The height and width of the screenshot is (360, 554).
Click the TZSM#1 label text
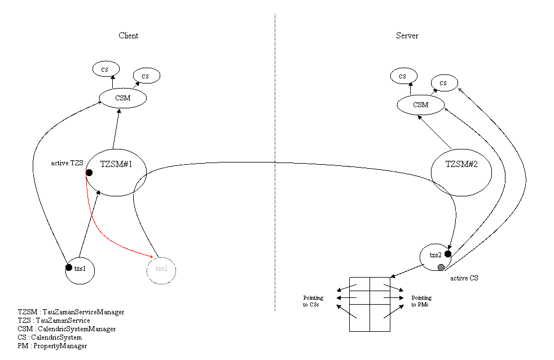click(x=116, y=164)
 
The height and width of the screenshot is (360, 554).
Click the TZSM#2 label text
click(x=461, y=164)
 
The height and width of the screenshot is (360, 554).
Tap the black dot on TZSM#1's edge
click(x=89, y=173)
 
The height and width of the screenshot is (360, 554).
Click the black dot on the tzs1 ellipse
click(x=69, y=267)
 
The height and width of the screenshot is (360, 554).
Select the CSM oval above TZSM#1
click(x=123, y=98)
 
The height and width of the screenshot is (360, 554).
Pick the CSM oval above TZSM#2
click(x=421, y=105)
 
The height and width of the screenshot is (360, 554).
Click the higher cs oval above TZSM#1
click(x=105, y=69)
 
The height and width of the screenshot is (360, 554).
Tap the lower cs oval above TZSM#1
click(x=147, y=76)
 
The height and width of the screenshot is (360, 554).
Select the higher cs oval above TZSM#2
click(x=403, y=76)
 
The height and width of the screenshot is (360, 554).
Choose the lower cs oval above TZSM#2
click(x=445, y=83)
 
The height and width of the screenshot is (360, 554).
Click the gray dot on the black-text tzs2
click(x=441, y=267)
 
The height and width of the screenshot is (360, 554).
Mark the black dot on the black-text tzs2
click(x=447, y=254)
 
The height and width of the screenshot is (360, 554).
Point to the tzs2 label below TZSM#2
click(x=435, y=255)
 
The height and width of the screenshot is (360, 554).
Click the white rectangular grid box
click(x=370, y=304)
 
